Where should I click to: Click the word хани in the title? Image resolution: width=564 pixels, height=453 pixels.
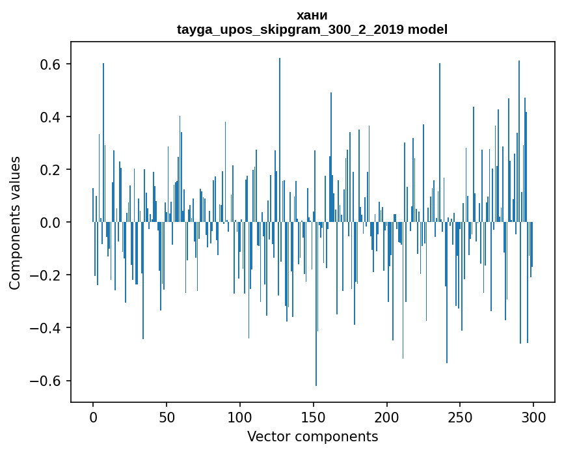(312, 15)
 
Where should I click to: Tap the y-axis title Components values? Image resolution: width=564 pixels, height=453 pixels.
(15, 223)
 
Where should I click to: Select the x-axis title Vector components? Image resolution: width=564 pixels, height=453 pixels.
(312, 436)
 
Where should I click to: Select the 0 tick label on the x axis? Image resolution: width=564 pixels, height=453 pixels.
(93, 417)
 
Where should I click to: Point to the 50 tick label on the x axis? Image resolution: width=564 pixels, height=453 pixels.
(167, 417)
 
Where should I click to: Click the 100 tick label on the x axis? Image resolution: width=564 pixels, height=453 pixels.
(240, 417)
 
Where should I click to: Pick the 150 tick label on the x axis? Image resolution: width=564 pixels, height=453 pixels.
(314, 417)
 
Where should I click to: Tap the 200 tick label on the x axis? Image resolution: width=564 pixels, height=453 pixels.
(387, 417)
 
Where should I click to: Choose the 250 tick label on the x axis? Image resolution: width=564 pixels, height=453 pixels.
(461, 417)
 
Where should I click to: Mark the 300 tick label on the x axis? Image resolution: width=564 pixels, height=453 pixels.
(534, 417)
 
